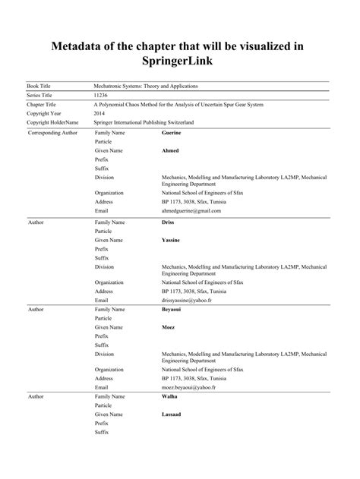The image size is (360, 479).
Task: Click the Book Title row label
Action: pos(40,89)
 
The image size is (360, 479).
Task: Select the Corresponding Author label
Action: pos(52,132)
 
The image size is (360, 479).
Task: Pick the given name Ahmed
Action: pos(170,150)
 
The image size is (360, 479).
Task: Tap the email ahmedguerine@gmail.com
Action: pos(191,211)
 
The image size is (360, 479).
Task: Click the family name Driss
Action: pos(169,222)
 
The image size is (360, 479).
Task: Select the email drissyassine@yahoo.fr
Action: pos(188,301)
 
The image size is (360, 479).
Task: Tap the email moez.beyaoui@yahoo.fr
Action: pos(189,387)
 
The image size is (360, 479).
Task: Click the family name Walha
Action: pos(170,397)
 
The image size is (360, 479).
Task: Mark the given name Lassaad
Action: pos(172,414)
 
